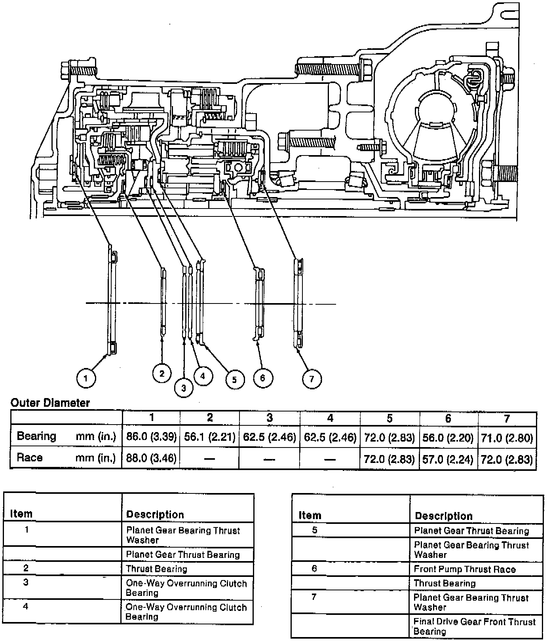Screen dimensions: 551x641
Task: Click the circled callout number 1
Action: (86, 378)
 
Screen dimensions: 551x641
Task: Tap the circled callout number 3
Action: (183, 388)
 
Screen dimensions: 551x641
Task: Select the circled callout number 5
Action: (235, 379)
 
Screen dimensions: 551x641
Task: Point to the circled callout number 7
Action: (312, 379)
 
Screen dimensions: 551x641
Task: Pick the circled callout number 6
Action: (262, 378)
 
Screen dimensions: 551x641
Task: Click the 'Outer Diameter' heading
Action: (50, 403)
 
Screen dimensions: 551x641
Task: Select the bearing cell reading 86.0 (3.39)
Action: (151, 437)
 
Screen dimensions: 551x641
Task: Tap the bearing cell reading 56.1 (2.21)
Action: (210, 437)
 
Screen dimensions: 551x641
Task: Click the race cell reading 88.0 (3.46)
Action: (151, 458)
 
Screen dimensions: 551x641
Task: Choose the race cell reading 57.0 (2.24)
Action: (448, 459)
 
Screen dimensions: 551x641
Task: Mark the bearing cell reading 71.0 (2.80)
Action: (507, 438)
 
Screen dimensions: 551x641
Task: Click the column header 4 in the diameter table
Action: (330, 418)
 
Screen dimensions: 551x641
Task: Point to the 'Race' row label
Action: (30, 458)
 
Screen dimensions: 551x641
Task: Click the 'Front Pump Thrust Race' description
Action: (465, 569)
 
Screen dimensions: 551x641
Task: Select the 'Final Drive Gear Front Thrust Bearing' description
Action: (474, 626)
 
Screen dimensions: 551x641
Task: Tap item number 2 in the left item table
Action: (26, 568)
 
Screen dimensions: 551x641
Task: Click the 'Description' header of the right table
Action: (444, 516)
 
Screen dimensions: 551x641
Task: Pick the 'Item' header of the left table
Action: (21, 514)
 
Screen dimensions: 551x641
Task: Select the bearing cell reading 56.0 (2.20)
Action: (448, 438)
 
